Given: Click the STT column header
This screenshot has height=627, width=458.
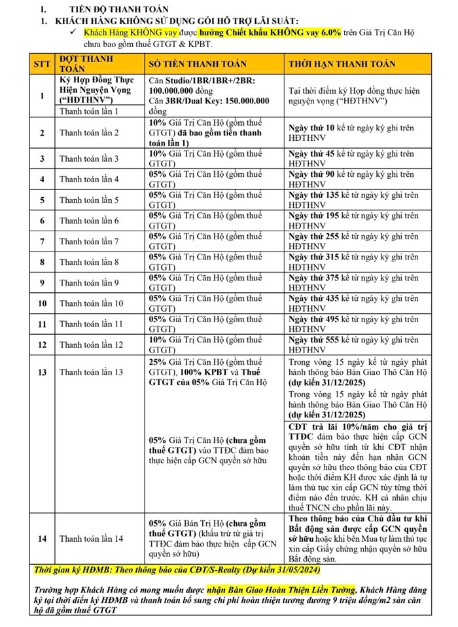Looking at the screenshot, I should coord(42,64).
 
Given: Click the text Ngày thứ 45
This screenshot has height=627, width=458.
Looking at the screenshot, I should coord(311,154).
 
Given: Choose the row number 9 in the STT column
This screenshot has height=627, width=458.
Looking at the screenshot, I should coord(42,283).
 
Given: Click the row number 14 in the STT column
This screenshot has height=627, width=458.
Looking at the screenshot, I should coord(42,539).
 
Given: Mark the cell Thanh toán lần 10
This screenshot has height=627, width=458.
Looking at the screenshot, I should coord(91,303).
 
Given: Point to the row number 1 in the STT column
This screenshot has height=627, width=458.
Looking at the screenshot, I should coord(42,96).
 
